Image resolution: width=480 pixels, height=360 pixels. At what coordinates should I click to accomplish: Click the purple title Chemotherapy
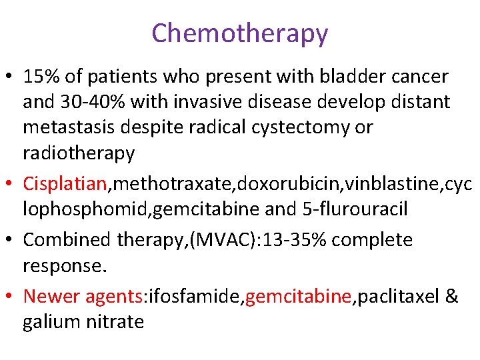[x=239, y=33]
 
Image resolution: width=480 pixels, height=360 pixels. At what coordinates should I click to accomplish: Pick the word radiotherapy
[x=79, y=153]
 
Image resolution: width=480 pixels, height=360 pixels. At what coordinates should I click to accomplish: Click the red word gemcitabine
[x=298, y=296]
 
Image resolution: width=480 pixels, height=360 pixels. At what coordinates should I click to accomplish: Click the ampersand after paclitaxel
[x=451, y=296]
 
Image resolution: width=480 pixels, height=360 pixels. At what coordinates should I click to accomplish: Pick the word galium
[x=53, y=321]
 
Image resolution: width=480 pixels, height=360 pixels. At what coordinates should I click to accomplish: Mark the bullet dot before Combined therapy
[x=11, y=240]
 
